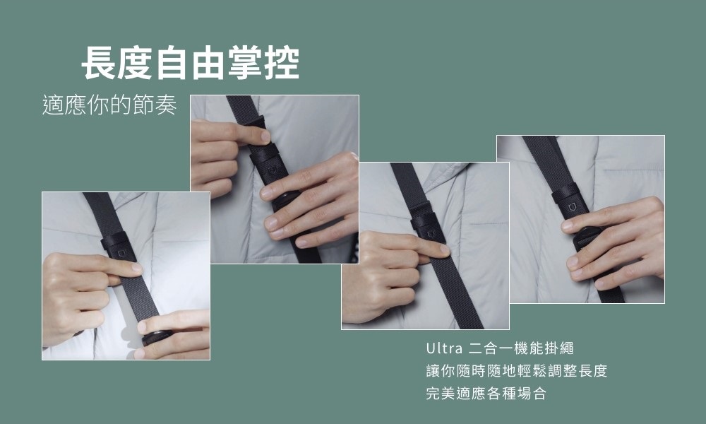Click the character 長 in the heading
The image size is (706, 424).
[x=100, y=63]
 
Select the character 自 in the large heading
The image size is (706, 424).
[x=172, y=63]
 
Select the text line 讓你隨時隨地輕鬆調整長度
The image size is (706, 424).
[x=516, y=371]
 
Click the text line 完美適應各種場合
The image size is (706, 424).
[x=486, y=394]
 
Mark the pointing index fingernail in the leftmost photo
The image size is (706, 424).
[x=135, y=269]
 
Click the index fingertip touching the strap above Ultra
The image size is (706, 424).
[x=441, y=249]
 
